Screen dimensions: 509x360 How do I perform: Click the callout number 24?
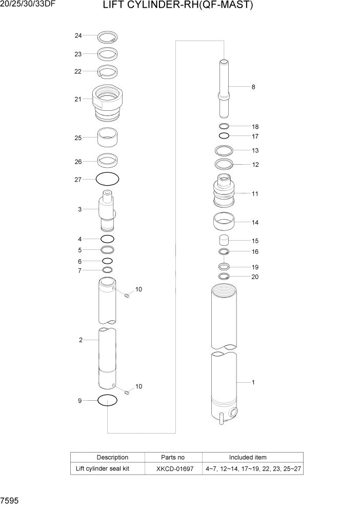click(78, 35)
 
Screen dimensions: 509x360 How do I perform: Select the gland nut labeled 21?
click(108, 103)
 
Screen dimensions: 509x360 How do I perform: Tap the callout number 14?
click(255, 223)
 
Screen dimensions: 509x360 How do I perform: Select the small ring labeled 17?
click(224, 136)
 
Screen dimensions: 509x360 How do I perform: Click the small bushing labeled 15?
click(224, 240)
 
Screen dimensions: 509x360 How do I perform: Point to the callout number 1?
click(253, 382)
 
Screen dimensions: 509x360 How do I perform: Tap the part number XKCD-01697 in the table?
click(174, 469)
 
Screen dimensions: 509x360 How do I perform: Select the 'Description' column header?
click(112, 457)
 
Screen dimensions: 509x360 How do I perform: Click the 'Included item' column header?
click(247, 457)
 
